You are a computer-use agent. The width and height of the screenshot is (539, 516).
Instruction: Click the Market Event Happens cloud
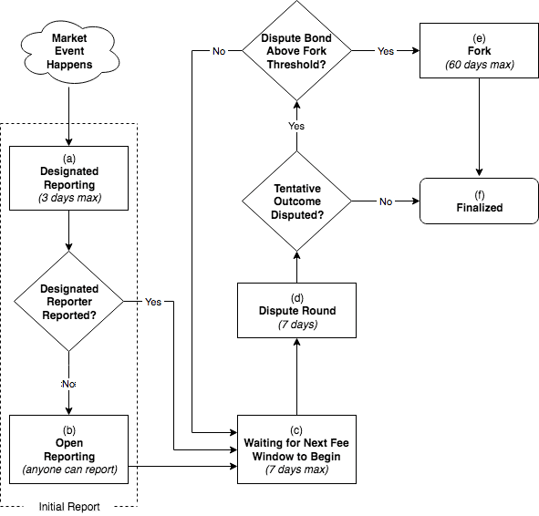(x=69, y=51)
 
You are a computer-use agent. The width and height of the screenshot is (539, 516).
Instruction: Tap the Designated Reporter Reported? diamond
(x=69, y=302)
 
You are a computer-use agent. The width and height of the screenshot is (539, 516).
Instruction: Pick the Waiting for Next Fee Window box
(x=295, y=448)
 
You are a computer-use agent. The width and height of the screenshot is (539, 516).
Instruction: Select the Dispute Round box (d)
(x=295, y=311)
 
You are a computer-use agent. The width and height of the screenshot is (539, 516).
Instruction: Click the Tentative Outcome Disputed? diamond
(x=295, y=201)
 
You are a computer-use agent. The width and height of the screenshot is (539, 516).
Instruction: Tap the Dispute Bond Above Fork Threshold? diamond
(x=295, y=52)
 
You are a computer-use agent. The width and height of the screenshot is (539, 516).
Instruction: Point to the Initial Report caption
(x=69, y=507)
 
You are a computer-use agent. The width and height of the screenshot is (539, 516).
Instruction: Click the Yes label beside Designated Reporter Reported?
(x=153, y=302)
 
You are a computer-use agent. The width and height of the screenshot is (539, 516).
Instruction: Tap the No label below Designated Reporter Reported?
(x=69, y=385)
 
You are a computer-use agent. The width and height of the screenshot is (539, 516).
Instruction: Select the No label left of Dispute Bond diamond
(x=219, y=52)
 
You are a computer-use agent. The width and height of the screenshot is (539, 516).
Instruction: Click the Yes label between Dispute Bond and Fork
(x=386, y=52)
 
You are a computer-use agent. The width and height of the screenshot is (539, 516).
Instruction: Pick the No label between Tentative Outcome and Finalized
(x=386, y=201)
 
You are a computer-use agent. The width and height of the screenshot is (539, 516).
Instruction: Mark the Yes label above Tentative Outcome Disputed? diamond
(x=295, y=125)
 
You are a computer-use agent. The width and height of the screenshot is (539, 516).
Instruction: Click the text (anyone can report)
(x=69, y=470)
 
